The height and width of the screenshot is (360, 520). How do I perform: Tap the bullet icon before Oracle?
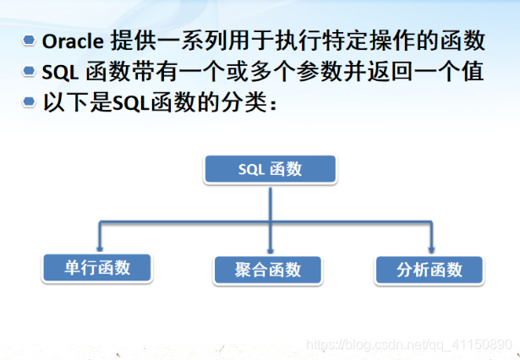coord(30,41)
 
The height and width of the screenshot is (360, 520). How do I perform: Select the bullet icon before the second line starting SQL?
coord(30,72)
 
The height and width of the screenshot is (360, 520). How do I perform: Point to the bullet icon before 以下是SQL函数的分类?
coord(30,102)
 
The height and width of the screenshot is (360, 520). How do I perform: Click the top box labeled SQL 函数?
coord(270,169)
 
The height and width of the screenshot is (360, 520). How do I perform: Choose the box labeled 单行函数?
coord(97,268)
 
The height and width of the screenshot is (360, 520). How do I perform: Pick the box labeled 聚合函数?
coord(268,270)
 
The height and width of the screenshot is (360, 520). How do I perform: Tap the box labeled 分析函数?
coord(430,270)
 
